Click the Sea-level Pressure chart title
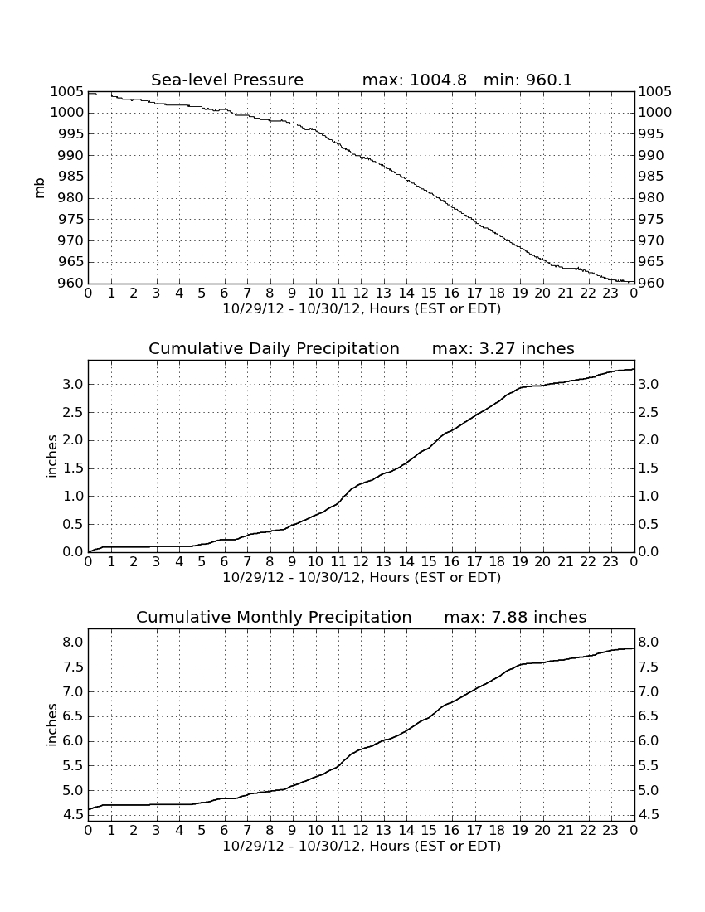(227, 80)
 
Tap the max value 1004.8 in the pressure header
(438, 80)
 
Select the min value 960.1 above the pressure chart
(549, 80)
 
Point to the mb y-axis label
(40, 188)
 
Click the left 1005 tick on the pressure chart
(67, 91)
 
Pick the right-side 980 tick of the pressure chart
(651, 198)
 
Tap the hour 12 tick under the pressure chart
(361, 293)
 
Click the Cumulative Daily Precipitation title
(274, 348)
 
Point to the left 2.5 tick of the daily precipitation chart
(73, 412)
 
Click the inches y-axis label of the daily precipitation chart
(51, 457)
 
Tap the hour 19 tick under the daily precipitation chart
(520, 562)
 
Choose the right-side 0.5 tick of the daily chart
(649, 524)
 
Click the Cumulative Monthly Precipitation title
(274, 617)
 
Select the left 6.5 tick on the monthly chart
(73, 716)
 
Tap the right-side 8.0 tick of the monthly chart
(649, 642)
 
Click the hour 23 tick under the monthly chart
(610, 830)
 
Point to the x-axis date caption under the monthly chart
(362, 846)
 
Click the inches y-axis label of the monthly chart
(51, 725)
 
